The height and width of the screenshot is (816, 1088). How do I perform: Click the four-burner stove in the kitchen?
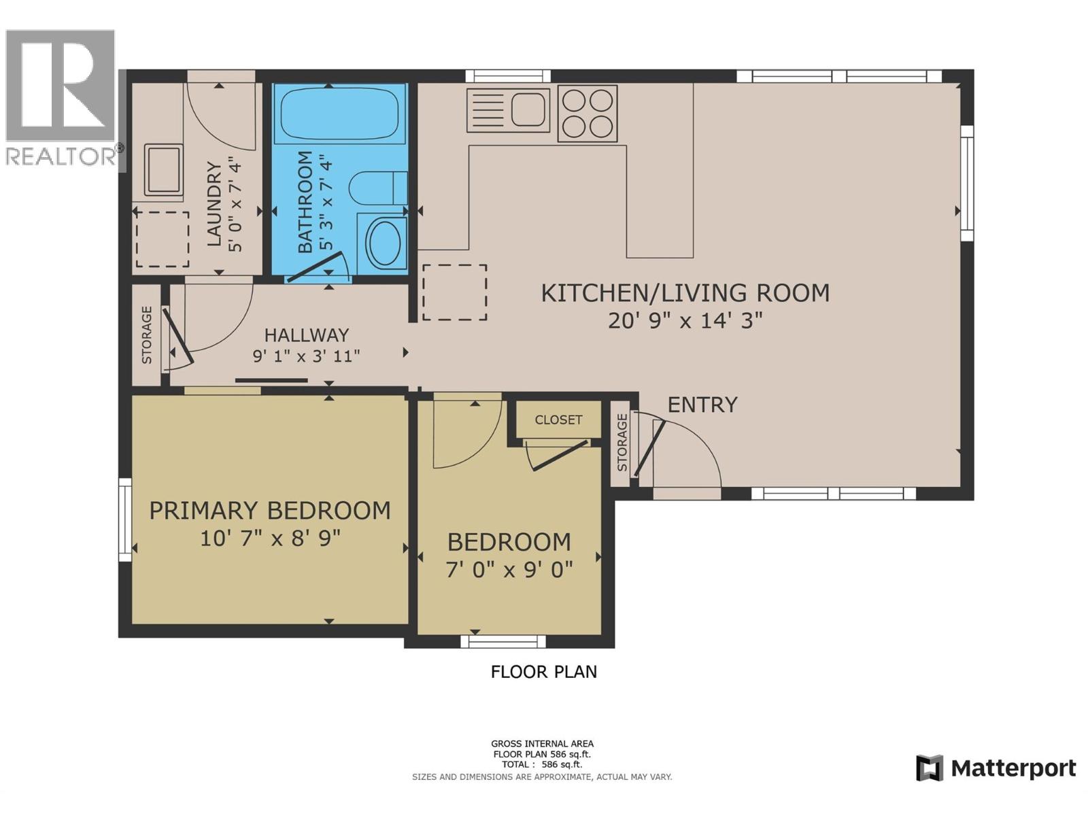588,114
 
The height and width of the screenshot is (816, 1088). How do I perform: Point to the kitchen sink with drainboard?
508,109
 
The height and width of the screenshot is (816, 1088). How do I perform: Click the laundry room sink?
163,169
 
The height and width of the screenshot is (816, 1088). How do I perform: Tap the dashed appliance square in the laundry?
163,239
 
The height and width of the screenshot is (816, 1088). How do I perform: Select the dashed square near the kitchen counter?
454,292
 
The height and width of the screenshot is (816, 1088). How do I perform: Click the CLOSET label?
558,420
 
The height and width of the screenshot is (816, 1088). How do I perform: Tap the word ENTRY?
702,405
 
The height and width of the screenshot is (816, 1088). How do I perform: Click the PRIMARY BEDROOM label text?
270,510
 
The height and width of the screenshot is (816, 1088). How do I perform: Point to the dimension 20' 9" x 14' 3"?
685,320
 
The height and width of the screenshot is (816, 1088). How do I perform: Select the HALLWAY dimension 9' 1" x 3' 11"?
306,356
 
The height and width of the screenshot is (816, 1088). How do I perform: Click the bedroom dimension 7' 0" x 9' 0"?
509,569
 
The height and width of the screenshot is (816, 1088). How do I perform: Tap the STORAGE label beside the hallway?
147,335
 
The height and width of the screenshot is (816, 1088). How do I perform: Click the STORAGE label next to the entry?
622,442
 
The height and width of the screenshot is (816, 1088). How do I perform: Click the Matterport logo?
996,768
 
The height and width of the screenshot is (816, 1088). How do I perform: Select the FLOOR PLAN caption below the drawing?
544,672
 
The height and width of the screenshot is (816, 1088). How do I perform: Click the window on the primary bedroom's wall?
125,520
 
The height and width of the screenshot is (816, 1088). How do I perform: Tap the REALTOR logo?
61,99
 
